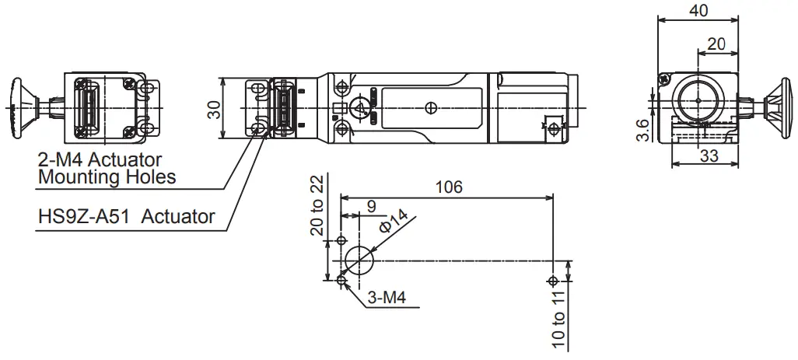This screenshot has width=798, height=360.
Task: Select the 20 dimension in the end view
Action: pyautogui.click(x=716, y=44)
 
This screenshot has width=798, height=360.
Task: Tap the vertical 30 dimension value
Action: pyautogui.click(x=212, y=107)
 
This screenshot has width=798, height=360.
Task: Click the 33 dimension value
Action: pyautogui.click(x=708, y=156)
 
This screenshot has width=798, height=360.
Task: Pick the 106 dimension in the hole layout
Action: pyautogui.click(x=448, y=187)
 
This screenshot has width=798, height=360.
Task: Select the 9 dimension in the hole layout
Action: pyautogui.click(x=371, y=206)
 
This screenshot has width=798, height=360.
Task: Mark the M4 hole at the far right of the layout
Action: pyautogui.click(x=553, y=281)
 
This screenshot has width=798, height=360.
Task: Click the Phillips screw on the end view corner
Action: pyautogui.click(x=663, y=79)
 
